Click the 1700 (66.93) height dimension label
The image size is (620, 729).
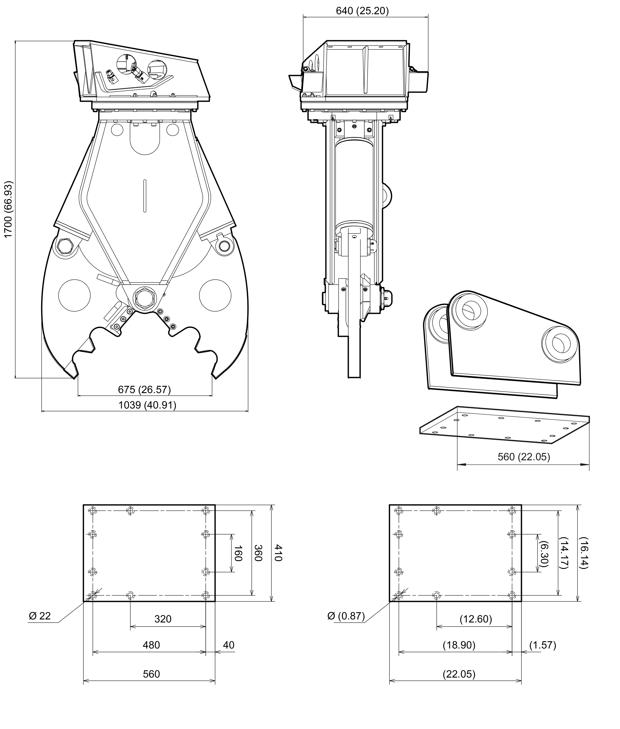(8, 209)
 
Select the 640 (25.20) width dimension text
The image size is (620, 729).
(362, 11)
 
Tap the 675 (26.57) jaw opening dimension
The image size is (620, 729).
(144, 390)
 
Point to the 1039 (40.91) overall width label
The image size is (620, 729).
(147, 405)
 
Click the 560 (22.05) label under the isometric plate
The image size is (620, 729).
(524, 457)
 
